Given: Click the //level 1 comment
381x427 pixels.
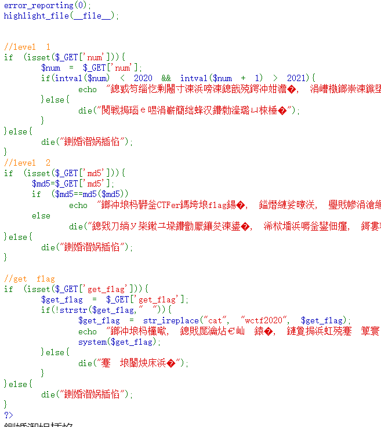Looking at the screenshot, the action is tap(27, 46).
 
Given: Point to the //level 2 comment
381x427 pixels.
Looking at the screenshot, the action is tap(27, 163).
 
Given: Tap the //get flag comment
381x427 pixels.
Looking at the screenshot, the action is tap(30, 279).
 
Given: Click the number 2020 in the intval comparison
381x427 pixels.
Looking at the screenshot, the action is tap(143, 78).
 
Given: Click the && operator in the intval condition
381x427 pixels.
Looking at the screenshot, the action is tap(166, 78).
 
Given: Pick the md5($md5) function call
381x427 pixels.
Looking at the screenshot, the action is tap(106, 194).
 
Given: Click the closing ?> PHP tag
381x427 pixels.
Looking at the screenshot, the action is tap(8, 415).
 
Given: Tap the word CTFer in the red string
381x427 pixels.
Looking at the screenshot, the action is tap(168, 205).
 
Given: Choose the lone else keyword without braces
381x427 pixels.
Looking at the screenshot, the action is tap(41, 215).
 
